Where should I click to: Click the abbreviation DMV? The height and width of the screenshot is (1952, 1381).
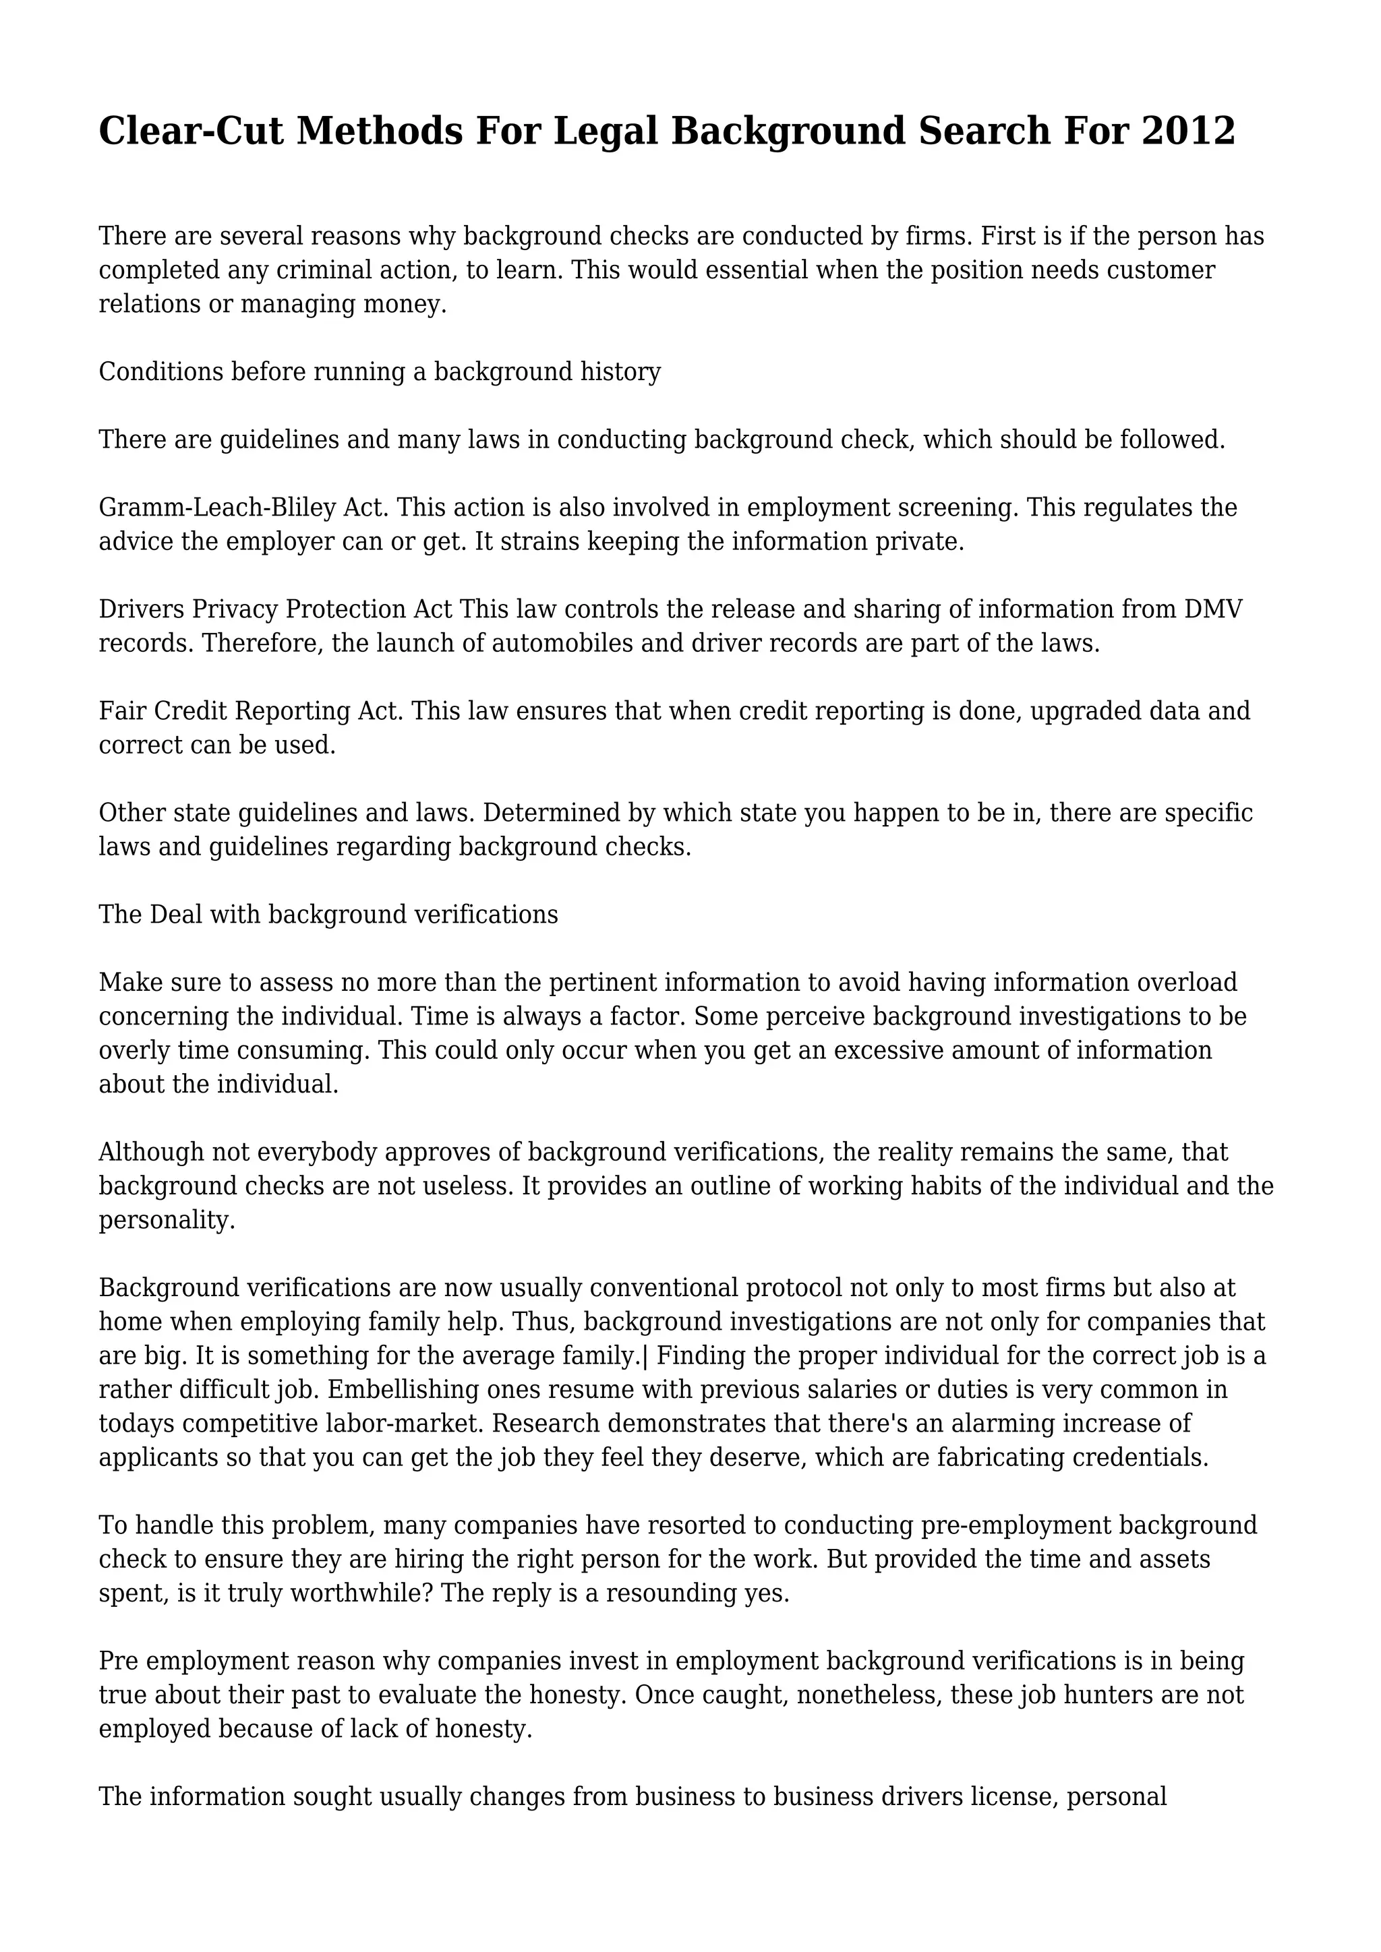coord(1212,609)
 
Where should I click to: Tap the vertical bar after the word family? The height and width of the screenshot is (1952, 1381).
coord(646,1356)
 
